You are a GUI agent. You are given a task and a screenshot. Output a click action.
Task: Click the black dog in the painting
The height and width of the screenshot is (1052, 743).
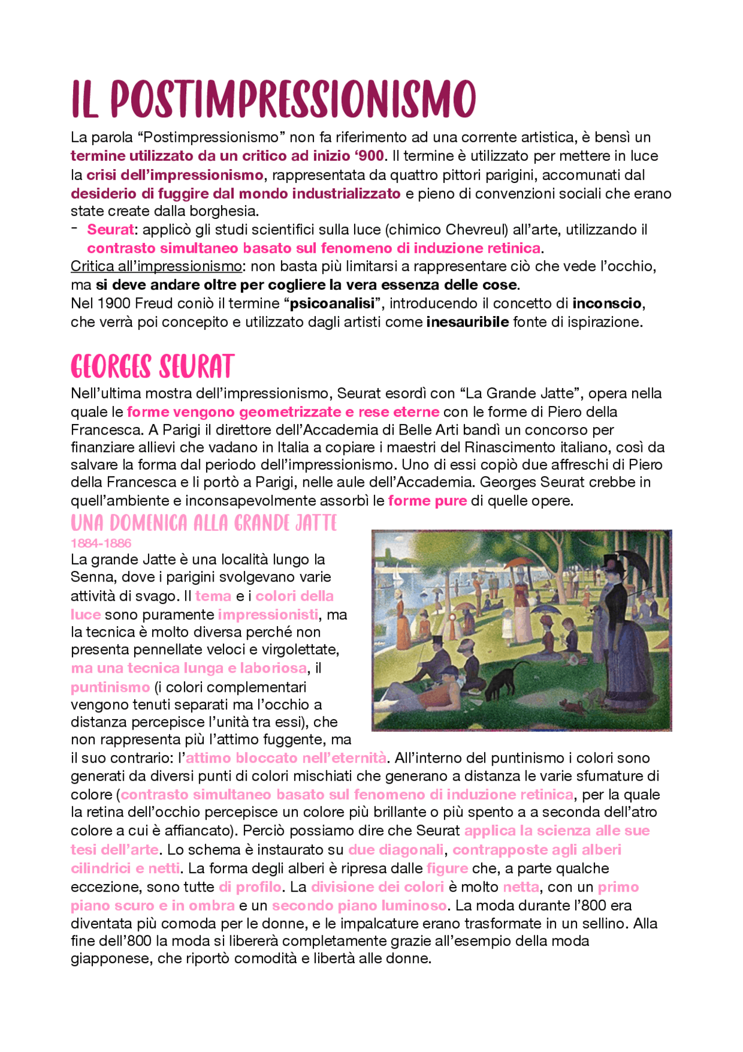click(502, 681)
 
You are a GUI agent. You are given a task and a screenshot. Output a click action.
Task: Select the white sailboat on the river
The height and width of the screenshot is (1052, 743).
click(398, 576)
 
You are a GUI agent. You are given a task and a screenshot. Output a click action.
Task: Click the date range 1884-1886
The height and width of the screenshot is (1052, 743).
click(101, 543)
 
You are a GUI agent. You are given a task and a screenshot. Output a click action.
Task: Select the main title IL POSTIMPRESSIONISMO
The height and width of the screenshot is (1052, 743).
click(273, 99)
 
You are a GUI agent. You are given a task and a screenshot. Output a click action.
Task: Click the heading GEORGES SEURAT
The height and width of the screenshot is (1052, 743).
click(152, 367)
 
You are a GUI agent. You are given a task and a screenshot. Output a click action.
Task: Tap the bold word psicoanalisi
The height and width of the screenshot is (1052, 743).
click(331, 304)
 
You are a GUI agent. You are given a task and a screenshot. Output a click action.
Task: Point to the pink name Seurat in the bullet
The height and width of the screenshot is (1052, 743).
click(110, 229)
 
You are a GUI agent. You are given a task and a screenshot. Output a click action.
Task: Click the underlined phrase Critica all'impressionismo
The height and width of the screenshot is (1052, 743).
click(156, 267)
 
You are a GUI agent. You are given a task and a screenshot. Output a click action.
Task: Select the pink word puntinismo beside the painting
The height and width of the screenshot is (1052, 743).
click(110, 687)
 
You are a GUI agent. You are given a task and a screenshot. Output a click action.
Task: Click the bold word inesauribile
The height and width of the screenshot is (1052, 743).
click(467, 322)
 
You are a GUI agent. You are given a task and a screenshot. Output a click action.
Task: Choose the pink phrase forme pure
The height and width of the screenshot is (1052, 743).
click(427, 501)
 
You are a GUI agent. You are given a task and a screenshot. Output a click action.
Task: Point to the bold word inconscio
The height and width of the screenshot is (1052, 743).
click(607, 304)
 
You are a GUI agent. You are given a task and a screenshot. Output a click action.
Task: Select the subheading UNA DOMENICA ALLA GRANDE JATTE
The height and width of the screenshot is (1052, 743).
click(204, 523)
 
